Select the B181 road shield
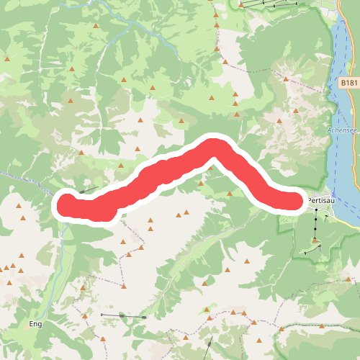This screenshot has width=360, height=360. click(348, 83)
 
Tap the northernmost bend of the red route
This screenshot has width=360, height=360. click(214, 146)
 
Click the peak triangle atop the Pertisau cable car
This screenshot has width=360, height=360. click(315, 240)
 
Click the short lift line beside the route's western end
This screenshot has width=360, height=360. click(88, 190)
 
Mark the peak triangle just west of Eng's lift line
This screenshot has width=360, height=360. click(85, 315)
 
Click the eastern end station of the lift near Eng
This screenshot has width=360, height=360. click(145, 317)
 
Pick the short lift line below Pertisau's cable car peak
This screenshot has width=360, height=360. click(312, 250)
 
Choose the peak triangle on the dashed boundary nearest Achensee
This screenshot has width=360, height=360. click(294, 112)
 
